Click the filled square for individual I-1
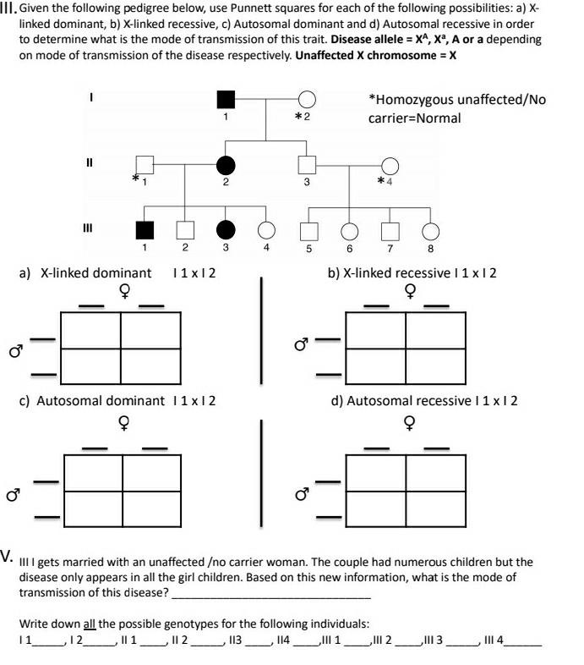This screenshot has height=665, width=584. (226, 100)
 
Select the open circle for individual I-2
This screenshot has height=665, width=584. (307, 100)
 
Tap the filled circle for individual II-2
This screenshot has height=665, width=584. (226, 166)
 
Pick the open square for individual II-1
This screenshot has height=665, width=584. (145, 166)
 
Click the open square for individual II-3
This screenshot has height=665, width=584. (307, 166)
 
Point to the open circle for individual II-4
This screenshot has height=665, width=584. (390, 166)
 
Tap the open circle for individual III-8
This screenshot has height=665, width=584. (430, 230)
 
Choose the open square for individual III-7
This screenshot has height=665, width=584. (390, 230)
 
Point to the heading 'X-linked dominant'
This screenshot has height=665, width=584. (96, 272)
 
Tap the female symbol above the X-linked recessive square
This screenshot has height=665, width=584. (410, 292)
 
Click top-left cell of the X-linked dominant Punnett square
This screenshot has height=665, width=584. (91, 330)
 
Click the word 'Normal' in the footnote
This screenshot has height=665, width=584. (437, 118)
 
